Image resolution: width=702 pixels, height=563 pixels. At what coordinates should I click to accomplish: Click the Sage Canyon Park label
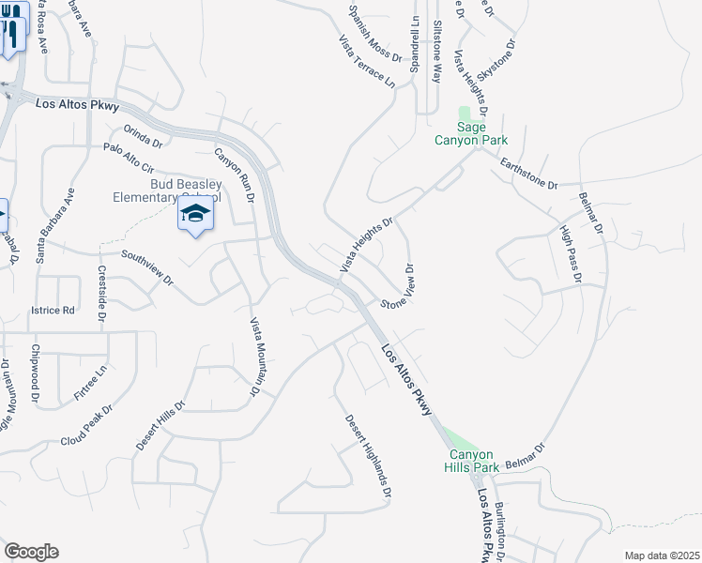(x=470, y=133)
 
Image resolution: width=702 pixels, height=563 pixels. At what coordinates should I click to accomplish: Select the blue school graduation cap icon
(x=195, y=215)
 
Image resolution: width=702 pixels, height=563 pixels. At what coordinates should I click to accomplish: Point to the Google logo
(x=31, y=552)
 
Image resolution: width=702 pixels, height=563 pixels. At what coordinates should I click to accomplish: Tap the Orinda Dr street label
(x=143, y=137)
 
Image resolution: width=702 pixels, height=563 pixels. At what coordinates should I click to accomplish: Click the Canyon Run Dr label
(x=235, y=175)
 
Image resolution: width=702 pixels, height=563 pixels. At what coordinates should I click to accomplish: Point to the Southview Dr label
(x=147, y=267)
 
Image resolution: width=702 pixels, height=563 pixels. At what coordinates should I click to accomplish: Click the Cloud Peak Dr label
(x=86, y=425)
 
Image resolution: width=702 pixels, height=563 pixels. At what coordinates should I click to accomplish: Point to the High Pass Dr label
(x=570, y=253)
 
